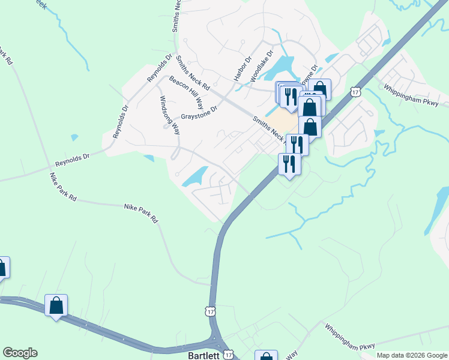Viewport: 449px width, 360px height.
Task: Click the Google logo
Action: (20, 353)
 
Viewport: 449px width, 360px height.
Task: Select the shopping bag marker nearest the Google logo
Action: (56, 305)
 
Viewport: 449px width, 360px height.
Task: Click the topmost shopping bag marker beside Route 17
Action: (320, 89)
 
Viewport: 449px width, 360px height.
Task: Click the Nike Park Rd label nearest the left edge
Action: (63, 187)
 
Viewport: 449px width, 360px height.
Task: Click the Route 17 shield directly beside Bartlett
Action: (228, 354)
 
